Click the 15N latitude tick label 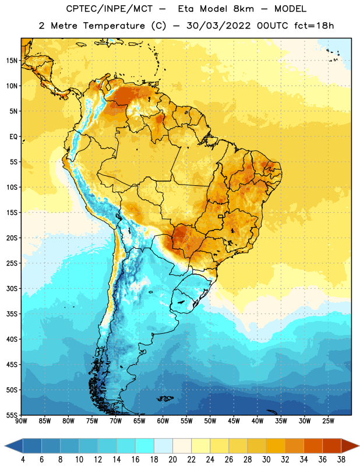click(x=12, y=61)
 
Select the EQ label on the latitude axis click(x=13, y=137)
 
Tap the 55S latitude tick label click(x=12, y=415)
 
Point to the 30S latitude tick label click(x=12, y=288)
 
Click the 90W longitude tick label click(x=21, y=421)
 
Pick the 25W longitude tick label click(x=328, y=421)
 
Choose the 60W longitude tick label click(x=163, y=421)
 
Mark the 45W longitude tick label click(x=234, y=421)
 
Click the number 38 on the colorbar click(x=341, y=460)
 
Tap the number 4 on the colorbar click(x=23, y=460)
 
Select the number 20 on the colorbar click(x=172, y=460)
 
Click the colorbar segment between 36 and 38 click(x=332, y=446)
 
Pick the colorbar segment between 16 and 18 click(x=145, y=446)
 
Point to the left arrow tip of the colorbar click(x=5, y=446)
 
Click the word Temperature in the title click(x=114, y=26)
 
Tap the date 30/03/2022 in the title click(x=218, y=26)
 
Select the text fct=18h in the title click(x=314, y=26)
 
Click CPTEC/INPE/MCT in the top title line click(x=110, y=9)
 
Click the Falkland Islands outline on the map click(x=165, y=398)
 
